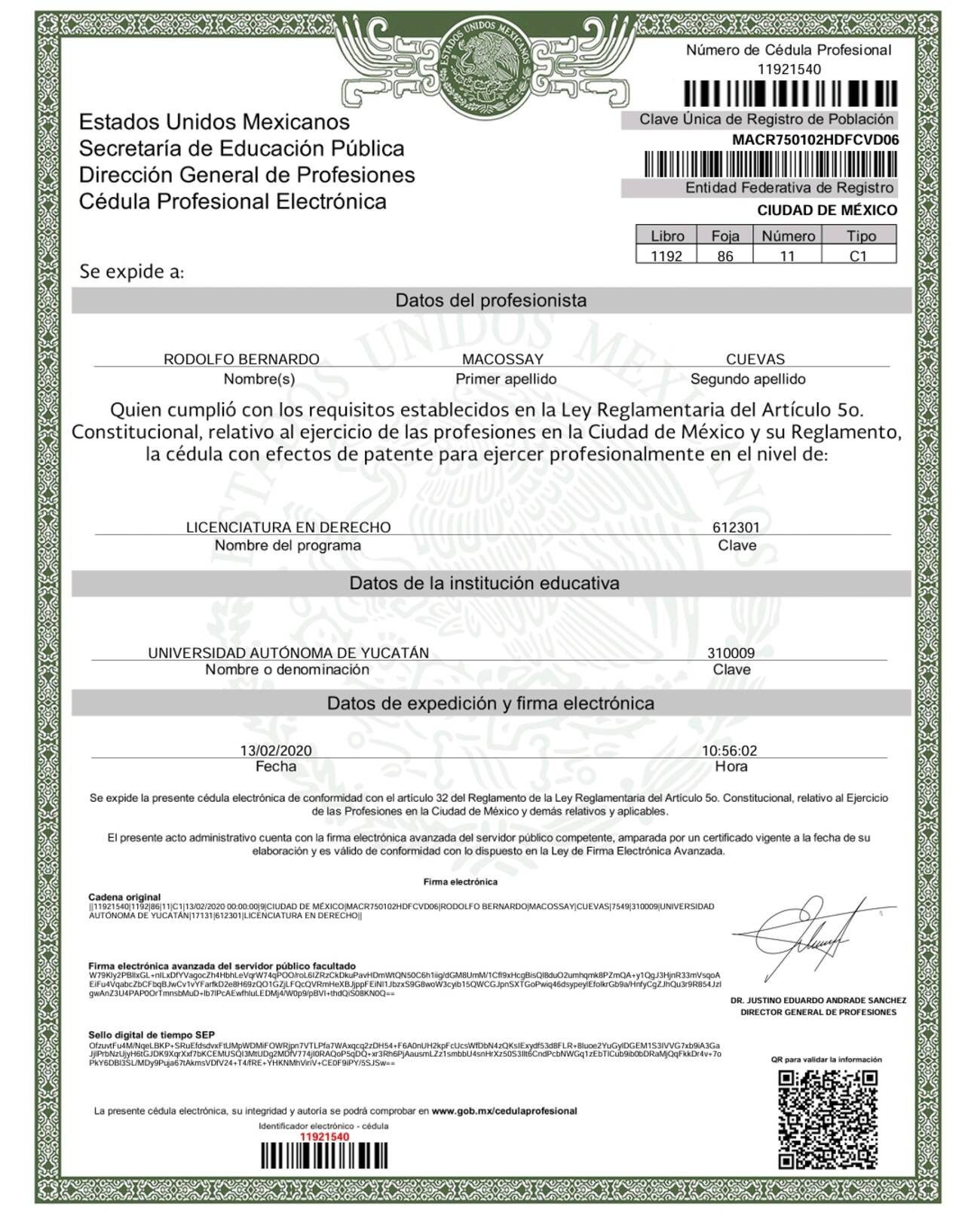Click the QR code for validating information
coord(828,1119)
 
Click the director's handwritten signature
coord(810,935)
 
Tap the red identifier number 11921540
coord(325,1137)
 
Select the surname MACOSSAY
coord(502,359)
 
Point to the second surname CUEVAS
coord(755,359)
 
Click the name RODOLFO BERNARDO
coord(241,359)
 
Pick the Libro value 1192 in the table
coord(666,256)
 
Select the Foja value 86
coord(725,256)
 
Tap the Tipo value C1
coord(858,256)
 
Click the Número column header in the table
coord(788,236)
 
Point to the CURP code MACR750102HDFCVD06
coord(815,140)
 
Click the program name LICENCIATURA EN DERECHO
coord(288,526)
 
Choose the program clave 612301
coord(736,527)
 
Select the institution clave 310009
coord(731,652)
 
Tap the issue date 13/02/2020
coord(275,751)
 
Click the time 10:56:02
coord(729,751)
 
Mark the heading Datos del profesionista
coord(491,300)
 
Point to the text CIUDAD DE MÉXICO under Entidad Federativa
coord(827,210)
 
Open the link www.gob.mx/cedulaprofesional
coord(504,1110)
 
